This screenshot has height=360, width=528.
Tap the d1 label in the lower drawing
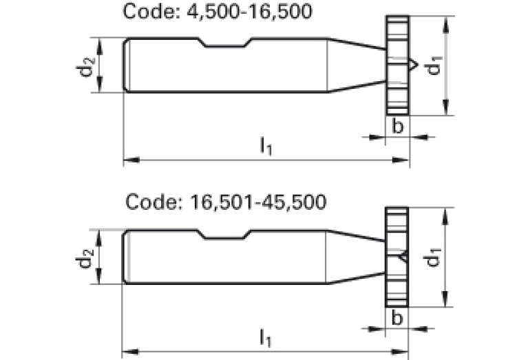click(433, 258)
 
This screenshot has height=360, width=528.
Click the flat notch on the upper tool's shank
click(225, 46)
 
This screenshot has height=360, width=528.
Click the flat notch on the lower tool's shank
click(225, 237)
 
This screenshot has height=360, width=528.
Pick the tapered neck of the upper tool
click(355, 65)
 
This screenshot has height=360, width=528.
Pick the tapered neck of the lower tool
click(355, 257)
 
